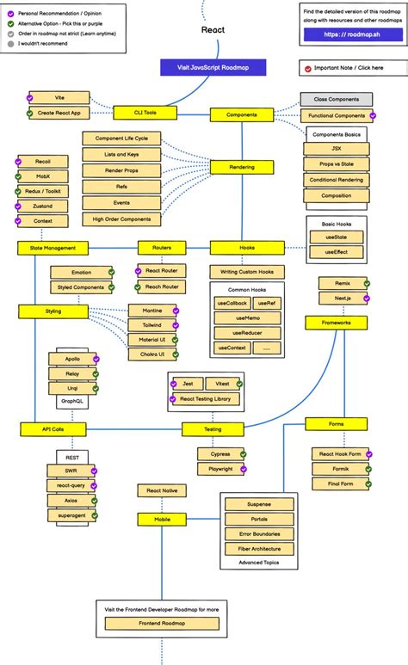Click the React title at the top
click(213, 29)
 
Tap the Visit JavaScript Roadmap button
click(213, 68)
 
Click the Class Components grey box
click(337, 100)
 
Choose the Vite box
click(59, 98)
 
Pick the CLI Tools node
click(144, 112)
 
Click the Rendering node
click(242, 168)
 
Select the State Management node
click(53, 248)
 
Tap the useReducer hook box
click(247, 332)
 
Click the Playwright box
click(219, 469)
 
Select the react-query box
click(71, 485)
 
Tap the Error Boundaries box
click(258, 533)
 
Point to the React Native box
click(161, 490)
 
